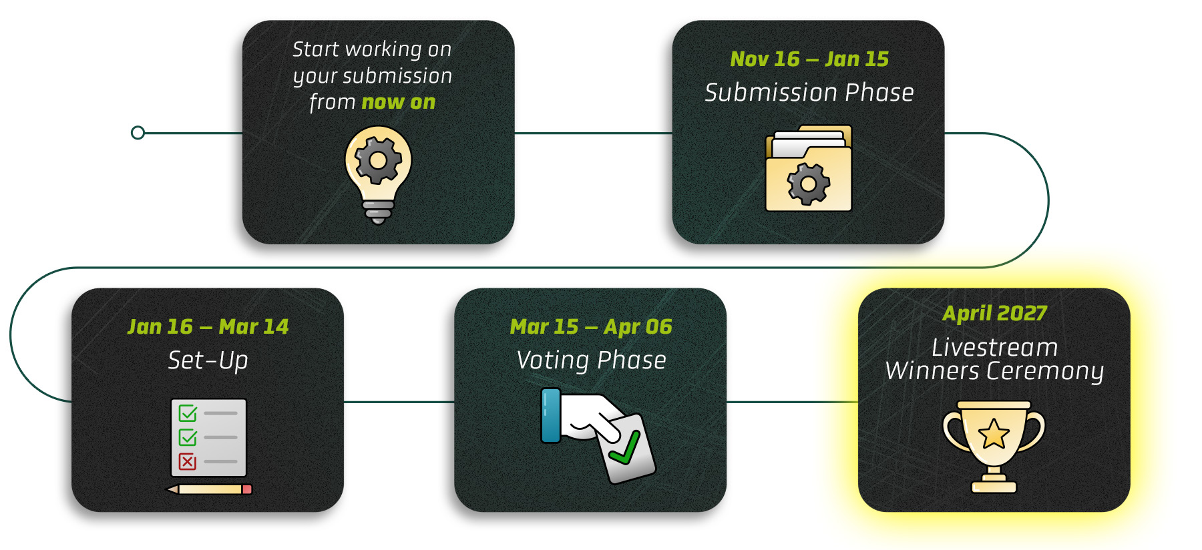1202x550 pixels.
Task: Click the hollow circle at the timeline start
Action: (x=138, y=133)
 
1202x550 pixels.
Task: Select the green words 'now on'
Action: (x=399, y=102)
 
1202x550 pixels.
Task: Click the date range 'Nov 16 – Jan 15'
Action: (x=809, y=59)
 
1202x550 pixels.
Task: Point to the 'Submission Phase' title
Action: (x=809, y=92)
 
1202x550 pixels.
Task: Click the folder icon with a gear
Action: (x=809, y=168)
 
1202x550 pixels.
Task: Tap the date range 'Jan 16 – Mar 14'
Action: (x=208, y=326)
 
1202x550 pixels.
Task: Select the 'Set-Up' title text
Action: (x=208, y=360)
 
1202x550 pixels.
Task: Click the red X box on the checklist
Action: (x=188, y=461)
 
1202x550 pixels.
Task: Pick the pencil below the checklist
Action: (x=209, y=489)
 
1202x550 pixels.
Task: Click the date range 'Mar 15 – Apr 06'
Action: (x=591, y=326)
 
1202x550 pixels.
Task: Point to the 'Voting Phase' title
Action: (x=591, y=360)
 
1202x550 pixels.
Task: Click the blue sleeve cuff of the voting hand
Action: (x=551, y=415)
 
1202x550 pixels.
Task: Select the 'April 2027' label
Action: (x=994, y=313)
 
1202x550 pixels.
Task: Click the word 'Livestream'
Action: (x=994, y=347)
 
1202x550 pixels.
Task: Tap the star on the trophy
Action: (x=994, y=434)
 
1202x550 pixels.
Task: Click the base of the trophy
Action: (x=994, y=486)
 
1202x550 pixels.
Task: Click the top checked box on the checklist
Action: (x=188, y=413)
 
